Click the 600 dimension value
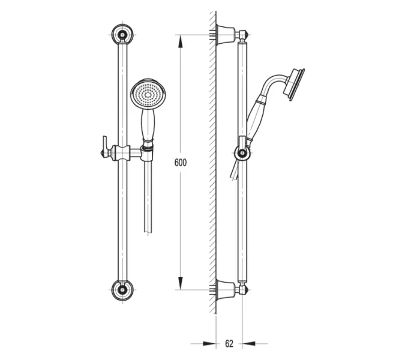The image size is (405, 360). click(180, 163)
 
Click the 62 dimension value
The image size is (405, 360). click(229, 343)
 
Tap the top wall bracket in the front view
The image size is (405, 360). click(122, 34)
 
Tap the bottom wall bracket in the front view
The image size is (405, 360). click(122, 290)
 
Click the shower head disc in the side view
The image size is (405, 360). click(294, 85)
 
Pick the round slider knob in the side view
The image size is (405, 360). click(242, 153)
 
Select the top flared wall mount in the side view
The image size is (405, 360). click(226, 34)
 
